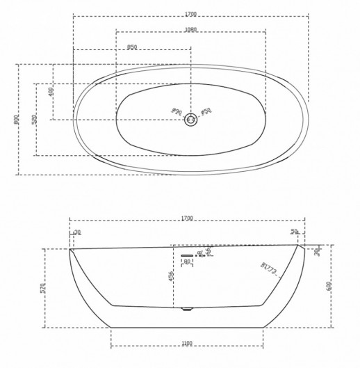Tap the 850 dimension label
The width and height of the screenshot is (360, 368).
pyautogui.click(x=131, y=47)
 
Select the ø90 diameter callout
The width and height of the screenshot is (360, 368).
pyautogui.click(x=177, y=111)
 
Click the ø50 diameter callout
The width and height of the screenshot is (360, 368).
pyautogui.click(x=206, y=111)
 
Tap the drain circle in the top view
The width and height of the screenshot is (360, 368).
pyautogui.click(x=191, y=120)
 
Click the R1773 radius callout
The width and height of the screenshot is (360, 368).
pyautogui.click(x=270, y=268)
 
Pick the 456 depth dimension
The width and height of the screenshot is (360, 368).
pyautogui.click(x=171, y=276)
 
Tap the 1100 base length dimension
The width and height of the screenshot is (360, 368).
pyautogui.click(x=186, y=343)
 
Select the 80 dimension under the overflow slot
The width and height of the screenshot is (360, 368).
pyautogui.click(x=186, y=262)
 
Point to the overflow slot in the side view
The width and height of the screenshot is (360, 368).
pyautogui.click(x=186, y=256)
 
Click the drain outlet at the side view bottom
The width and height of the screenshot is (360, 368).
pyautogui.click(x=186, y=308)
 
